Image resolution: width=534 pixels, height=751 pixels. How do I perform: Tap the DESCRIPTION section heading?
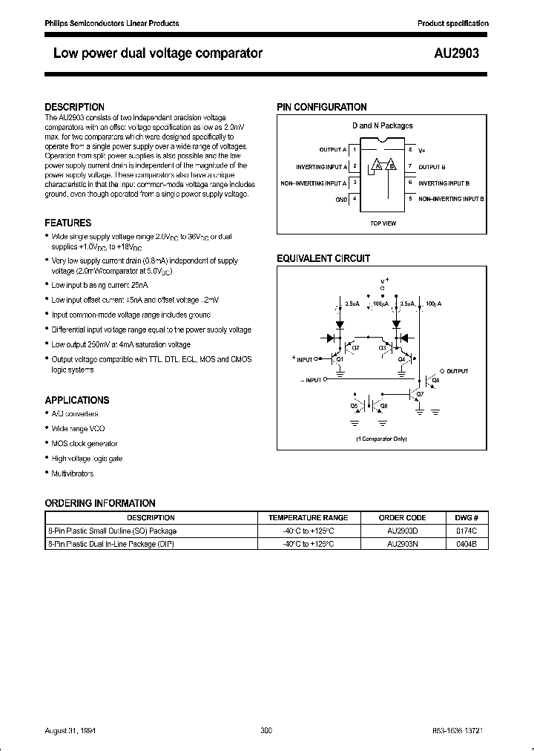click(74, 107)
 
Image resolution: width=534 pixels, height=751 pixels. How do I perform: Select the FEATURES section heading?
click(67, 223)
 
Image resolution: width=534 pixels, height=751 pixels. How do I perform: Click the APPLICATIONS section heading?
click(76, 400)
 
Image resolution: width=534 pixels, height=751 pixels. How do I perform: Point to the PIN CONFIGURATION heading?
click(321, 107)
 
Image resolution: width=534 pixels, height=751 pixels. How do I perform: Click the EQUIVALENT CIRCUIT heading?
click(323, 258)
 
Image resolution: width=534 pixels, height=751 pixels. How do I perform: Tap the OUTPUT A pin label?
click(332, 150)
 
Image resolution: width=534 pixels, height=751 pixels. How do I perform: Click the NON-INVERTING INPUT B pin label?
click(451, 199)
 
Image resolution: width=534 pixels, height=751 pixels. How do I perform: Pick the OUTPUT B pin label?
click(432, 166)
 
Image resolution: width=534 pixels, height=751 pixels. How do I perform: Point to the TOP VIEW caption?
click(383, 223)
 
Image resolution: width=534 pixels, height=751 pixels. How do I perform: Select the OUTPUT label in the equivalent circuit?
click(458, 370)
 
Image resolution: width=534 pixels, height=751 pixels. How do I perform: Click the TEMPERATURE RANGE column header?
click(308, 517)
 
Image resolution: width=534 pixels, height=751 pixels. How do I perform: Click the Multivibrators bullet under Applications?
click(72, 473)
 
